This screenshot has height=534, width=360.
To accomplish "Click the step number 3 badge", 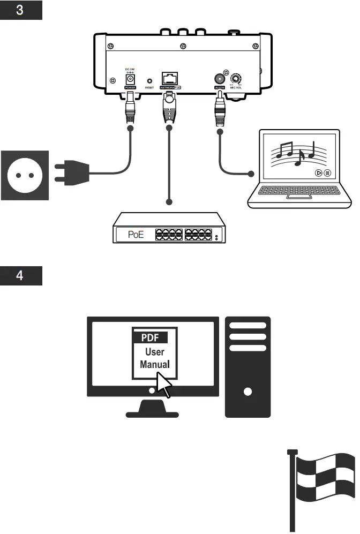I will coord(21,10).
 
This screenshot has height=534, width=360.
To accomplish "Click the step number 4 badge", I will coord(21,276).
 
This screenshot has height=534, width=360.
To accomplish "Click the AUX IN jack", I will coord(220,78).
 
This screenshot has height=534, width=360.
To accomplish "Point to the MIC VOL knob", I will coord(236,78).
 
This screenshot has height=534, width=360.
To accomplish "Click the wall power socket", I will coord(25,175).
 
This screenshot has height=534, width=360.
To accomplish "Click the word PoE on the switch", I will coord(135,235).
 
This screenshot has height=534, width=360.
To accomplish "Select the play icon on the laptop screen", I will coord(319,173).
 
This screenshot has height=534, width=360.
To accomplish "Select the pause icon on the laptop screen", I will coord(327,173).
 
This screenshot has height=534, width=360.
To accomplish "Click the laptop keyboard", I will coord(294,190).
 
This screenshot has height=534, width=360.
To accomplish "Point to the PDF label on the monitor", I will coord(151,338).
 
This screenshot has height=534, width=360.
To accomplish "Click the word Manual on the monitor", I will coord(155,364).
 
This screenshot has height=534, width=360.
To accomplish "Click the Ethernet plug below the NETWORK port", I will coord(169,107).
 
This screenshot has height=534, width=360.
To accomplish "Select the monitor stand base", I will coord(153,410).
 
